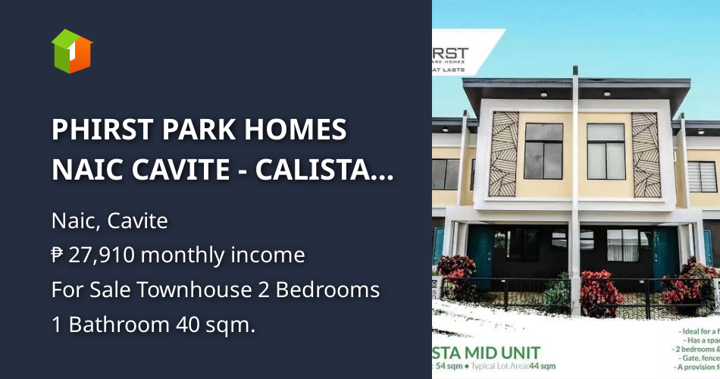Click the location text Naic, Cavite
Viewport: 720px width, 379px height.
coord(109,221)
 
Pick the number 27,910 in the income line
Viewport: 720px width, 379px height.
coord(102,255)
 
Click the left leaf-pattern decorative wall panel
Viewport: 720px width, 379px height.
coord(505,155)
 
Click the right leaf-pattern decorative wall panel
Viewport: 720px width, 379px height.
coord(645,155)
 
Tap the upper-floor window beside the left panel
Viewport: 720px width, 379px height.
coord(544,150)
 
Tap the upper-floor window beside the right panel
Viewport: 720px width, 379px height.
coord(606,150)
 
